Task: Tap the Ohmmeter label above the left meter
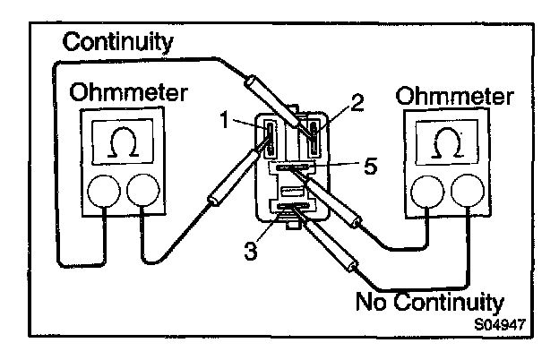(116, 93)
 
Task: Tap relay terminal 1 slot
(269, 139)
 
